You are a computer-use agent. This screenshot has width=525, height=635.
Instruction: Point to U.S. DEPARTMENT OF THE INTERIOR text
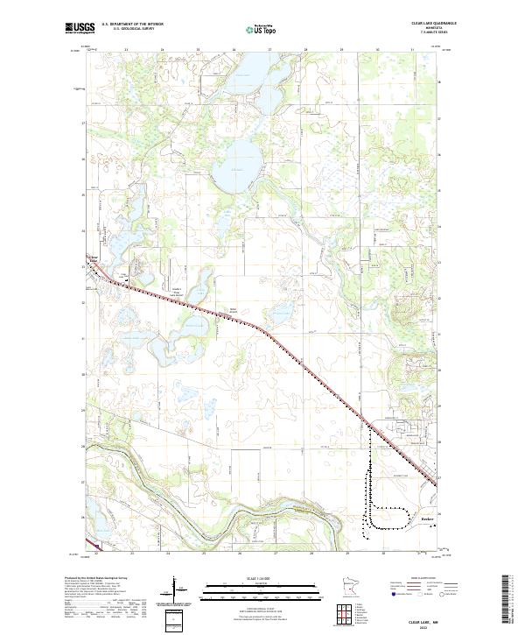(x=132, y=25)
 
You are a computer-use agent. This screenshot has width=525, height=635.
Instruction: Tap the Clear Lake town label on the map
(x=95, y=260)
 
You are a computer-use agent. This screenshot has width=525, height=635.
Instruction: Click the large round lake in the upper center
(x=236, y=166)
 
